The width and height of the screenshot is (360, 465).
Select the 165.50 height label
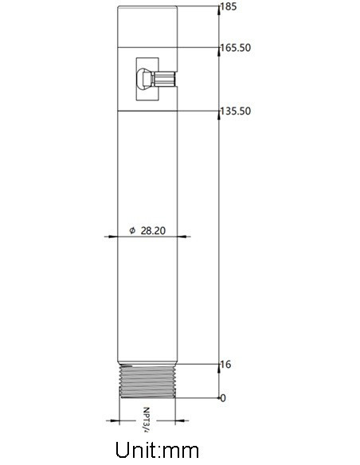[237, 48]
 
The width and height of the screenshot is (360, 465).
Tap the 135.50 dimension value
[237, 111]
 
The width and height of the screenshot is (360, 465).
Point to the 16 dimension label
[226, 365]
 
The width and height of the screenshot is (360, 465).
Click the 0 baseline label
[224, 397]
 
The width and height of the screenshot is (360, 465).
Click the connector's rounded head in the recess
[143, 80]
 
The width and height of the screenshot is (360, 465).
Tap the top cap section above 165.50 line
[148, 25]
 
